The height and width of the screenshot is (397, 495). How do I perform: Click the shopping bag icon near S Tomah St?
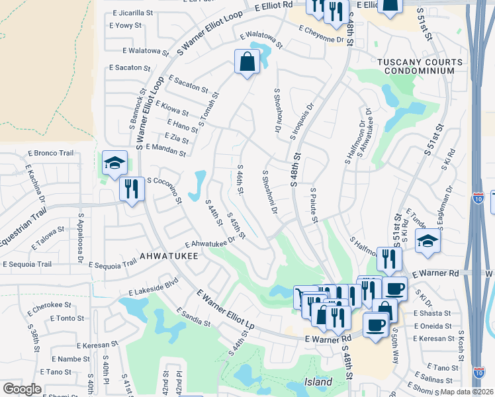pos(247,62)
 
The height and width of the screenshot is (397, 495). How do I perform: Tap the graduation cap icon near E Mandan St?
pos(114,163)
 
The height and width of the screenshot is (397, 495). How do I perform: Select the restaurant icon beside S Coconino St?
pos(131,189)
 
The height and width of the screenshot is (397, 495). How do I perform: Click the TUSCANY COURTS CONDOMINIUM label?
pos(416,66)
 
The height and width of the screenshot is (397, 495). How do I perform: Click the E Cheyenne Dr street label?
pos(322,34)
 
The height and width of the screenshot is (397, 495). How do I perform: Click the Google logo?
pos(22,389)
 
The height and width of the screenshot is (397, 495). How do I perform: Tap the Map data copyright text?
pos(466,392)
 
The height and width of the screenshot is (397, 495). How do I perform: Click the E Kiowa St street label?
pos(172,109)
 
